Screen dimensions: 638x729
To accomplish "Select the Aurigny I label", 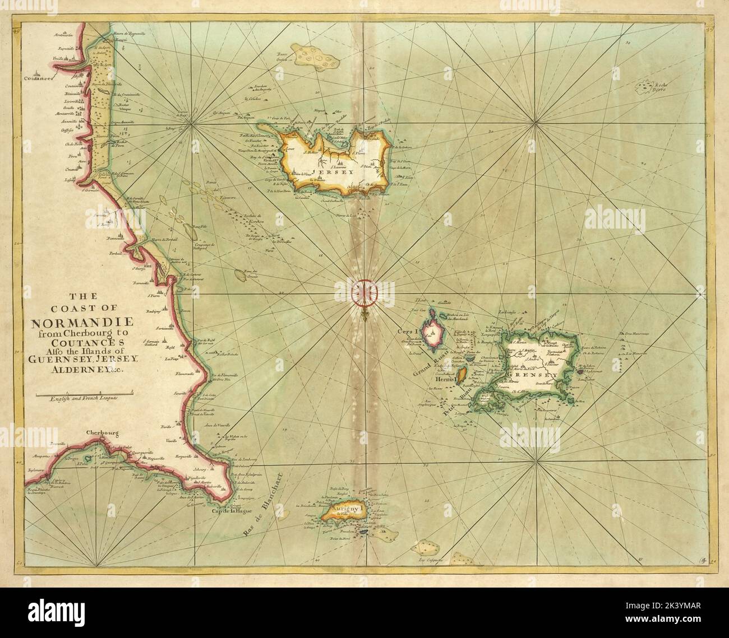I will pyautogui.click(x=347, y=510).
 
